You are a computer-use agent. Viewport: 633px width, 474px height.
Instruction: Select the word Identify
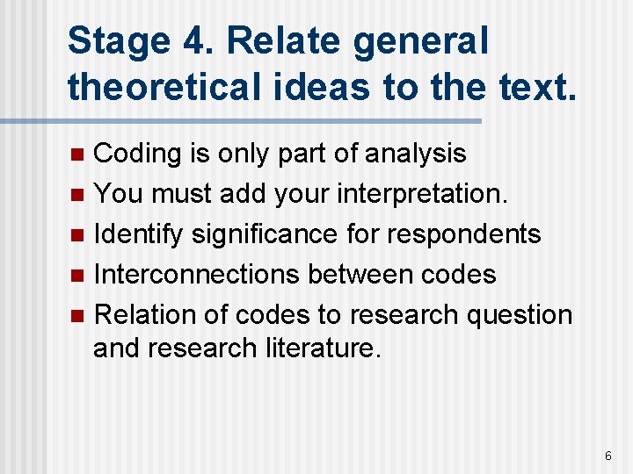(138, 234)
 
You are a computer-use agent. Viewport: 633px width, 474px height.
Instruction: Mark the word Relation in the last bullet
(137, 314)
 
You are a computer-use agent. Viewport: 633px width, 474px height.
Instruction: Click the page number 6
(608, 456)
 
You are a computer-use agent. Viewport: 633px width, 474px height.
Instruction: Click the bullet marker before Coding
(77, 155)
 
